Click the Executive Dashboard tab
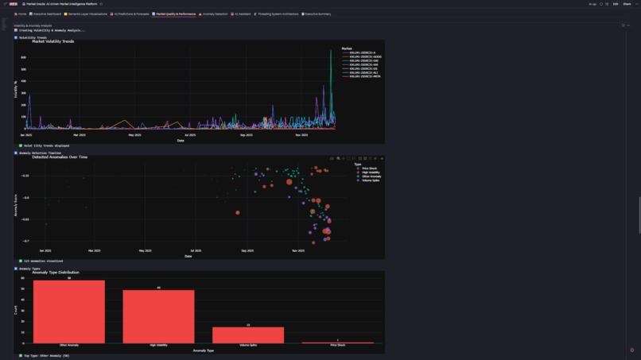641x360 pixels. point(46,14)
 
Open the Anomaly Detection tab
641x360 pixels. point(214,14)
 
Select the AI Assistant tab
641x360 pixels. point(241,14)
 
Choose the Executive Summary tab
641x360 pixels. point(317,14)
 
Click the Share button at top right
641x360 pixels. point(627,4)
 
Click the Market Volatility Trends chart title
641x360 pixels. point(53,41)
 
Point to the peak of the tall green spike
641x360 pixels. point(331,52)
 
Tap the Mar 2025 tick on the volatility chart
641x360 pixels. point(79,135)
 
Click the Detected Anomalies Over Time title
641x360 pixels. point(60,157)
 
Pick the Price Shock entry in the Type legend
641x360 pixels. point(369,168)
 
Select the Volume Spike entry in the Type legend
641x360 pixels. point(371,180)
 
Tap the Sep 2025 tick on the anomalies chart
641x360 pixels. point(247,251)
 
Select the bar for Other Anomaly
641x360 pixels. point(69,312)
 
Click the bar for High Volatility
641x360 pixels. point(158,316)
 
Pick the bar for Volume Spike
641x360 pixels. point(248,335)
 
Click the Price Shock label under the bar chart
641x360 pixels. point(337,346)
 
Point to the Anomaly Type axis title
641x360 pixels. point(204,350)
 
